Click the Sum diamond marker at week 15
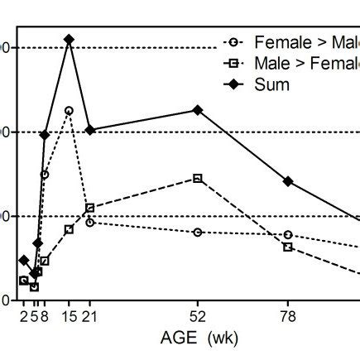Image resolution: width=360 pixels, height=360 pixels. (69, 39)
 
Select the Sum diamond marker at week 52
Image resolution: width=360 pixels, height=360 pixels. (198, 109)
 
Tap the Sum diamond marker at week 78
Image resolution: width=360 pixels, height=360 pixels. (288, 180)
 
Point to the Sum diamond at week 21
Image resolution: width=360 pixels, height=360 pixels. (89, 130)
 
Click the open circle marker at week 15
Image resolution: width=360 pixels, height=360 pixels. (69, 110)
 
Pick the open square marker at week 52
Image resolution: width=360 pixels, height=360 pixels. (198, 178)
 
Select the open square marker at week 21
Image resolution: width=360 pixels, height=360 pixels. (89, 208)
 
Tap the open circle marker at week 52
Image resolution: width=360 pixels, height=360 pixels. (198, 232)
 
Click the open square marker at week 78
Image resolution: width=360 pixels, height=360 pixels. (288, 247)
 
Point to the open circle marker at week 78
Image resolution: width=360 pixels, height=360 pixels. (288, 235)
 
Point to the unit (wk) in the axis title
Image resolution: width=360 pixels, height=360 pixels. (224, 338)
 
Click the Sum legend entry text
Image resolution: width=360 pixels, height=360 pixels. (272, 84)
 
